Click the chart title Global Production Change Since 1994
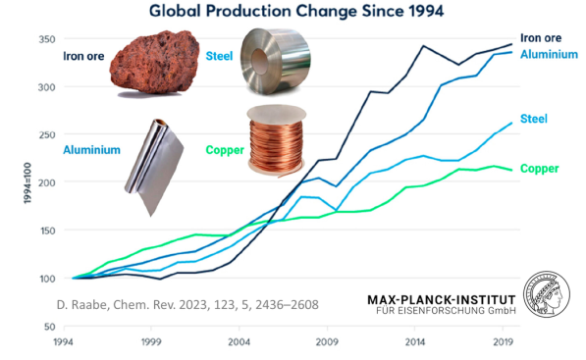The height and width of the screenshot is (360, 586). pos(292,12)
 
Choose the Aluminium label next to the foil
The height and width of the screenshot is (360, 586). pos(92,150)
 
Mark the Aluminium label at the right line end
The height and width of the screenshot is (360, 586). pos(549,54)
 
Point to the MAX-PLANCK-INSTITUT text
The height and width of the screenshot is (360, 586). pos(439,298)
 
